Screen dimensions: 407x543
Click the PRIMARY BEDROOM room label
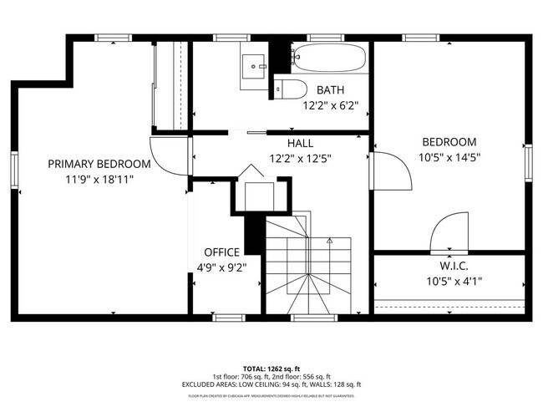(99, 164)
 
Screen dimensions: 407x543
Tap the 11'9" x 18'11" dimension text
(99, 179)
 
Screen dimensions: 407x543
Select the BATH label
(330, 89)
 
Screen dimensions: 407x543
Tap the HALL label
(300, 143)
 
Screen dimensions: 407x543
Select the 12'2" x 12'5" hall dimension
(300, 158)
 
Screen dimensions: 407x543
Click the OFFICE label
(221, 252)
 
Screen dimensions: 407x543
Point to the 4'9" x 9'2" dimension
(221, 267)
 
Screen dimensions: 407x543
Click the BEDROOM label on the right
(449, 142)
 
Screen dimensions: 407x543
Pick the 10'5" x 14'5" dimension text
(449, 157)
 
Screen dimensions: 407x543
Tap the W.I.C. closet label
(449, 267)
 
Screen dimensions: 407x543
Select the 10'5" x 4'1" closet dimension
(449, 282)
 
